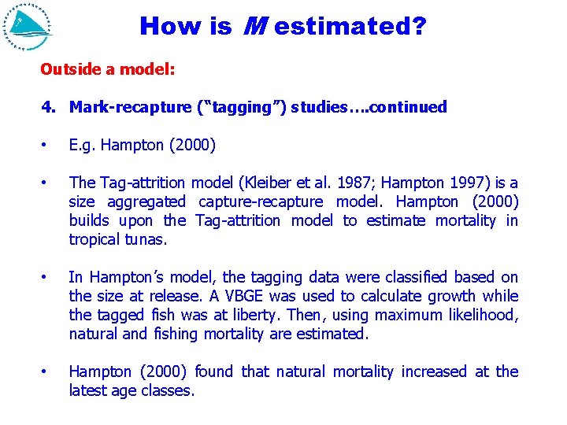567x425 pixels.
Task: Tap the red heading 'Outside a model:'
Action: click(x=108, y=69)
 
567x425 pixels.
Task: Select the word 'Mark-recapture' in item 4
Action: click(x=131, y=107)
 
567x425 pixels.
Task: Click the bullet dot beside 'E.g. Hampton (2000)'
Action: click(x=46, y=146)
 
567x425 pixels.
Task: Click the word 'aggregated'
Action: click(x=146, y=201)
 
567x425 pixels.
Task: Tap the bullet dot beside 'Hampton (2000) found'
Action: click(x=46, y=371)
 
